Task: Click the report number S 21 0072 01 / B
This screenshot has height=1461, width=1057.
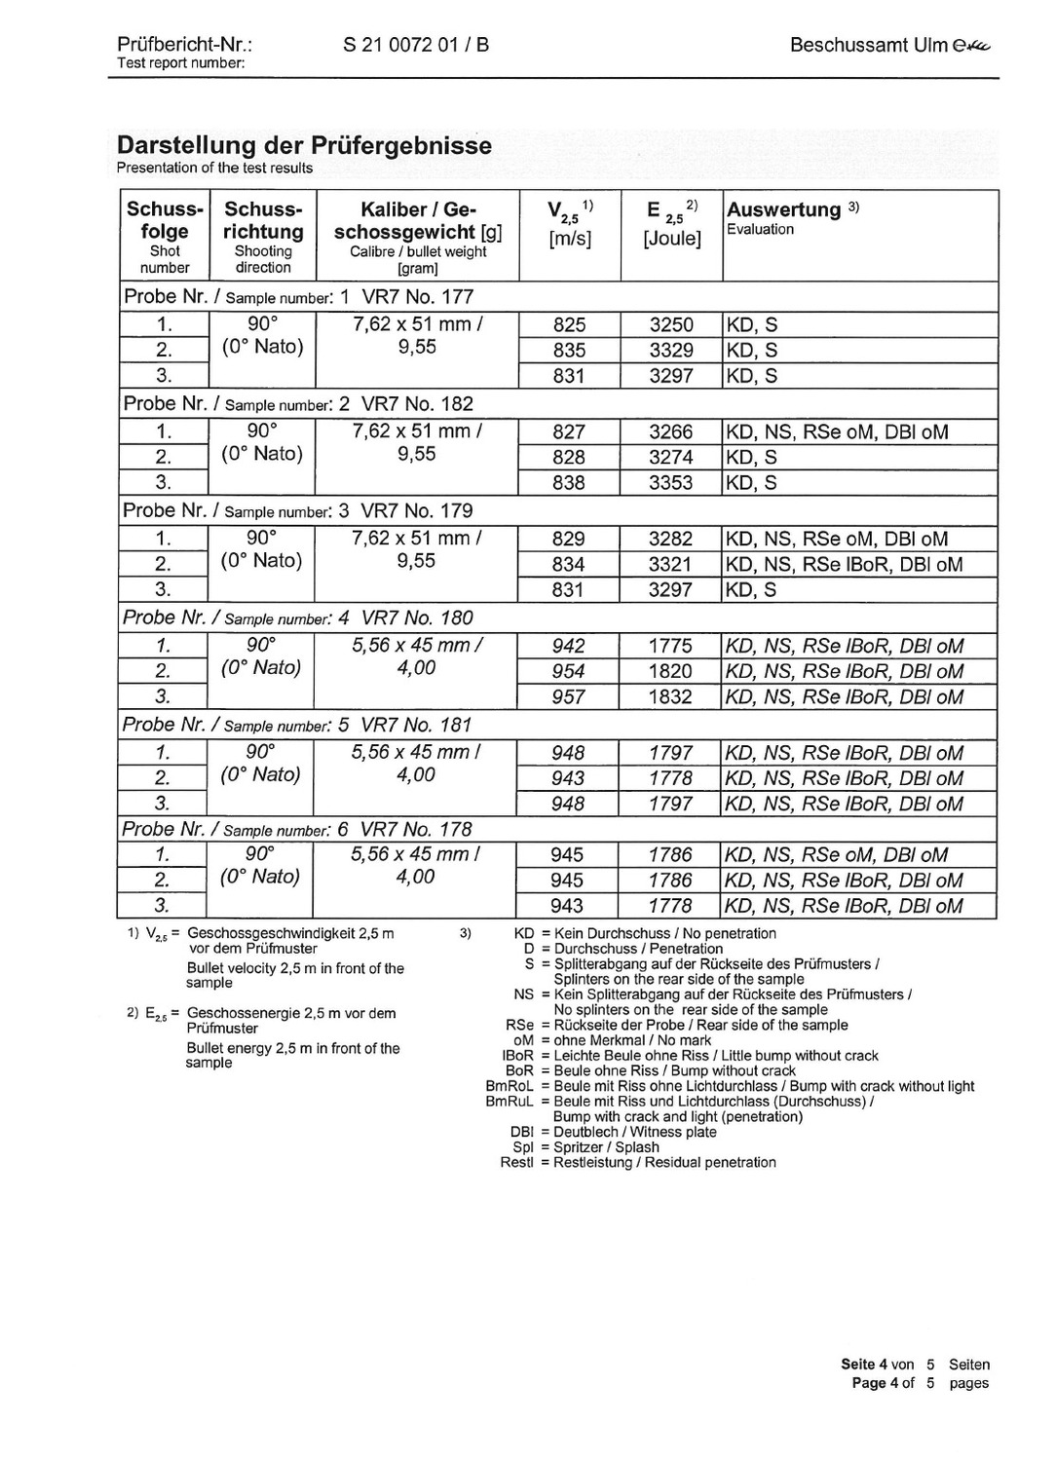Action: (x=416, y=45)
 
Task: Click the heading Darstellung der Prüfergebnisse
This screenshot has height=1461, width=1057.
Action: (x=304, y=145)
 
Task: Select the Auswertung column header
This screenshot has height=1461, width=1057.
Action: (x=783, y=209)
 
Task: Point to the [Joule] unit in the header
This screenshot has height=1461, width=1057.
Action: (x=671, y=239)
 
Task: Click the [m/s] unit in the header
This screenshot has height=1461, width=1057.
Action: (x=570, y=239)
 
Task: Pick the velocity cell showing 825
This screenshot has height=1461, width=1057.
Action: (x=570, y=325)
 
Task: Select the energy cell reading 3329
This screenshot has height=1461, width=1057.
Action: (x=671, y=351)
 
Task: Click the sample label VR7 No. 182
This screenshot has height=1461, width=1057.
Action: (x=417, y=404)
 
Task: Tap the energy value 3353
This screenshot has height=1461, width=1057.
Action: (x=671, y=483)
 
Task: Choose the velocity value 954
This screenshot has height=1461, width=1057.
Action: (x=569, y=671)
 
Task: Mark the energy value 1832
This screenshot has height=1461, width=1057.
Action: (x=671, y=697)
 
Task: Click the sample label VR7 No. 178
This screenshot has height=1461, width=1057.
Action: (x=416, y=830)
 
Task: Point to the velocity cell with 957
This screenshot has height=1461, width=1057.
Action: (x=569, y=697)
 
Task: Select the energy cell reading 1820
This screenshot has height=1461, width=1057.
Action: (x=671, y=671)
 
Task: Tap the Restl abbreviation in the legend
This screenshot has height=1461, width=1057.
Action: (x=516, y=1163)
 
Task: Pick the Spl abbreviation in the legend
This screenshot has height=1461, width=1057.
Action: (x=522, y=1147)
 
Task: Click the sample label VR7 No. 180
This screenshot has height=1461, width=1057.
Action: (x=417, y=618)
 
